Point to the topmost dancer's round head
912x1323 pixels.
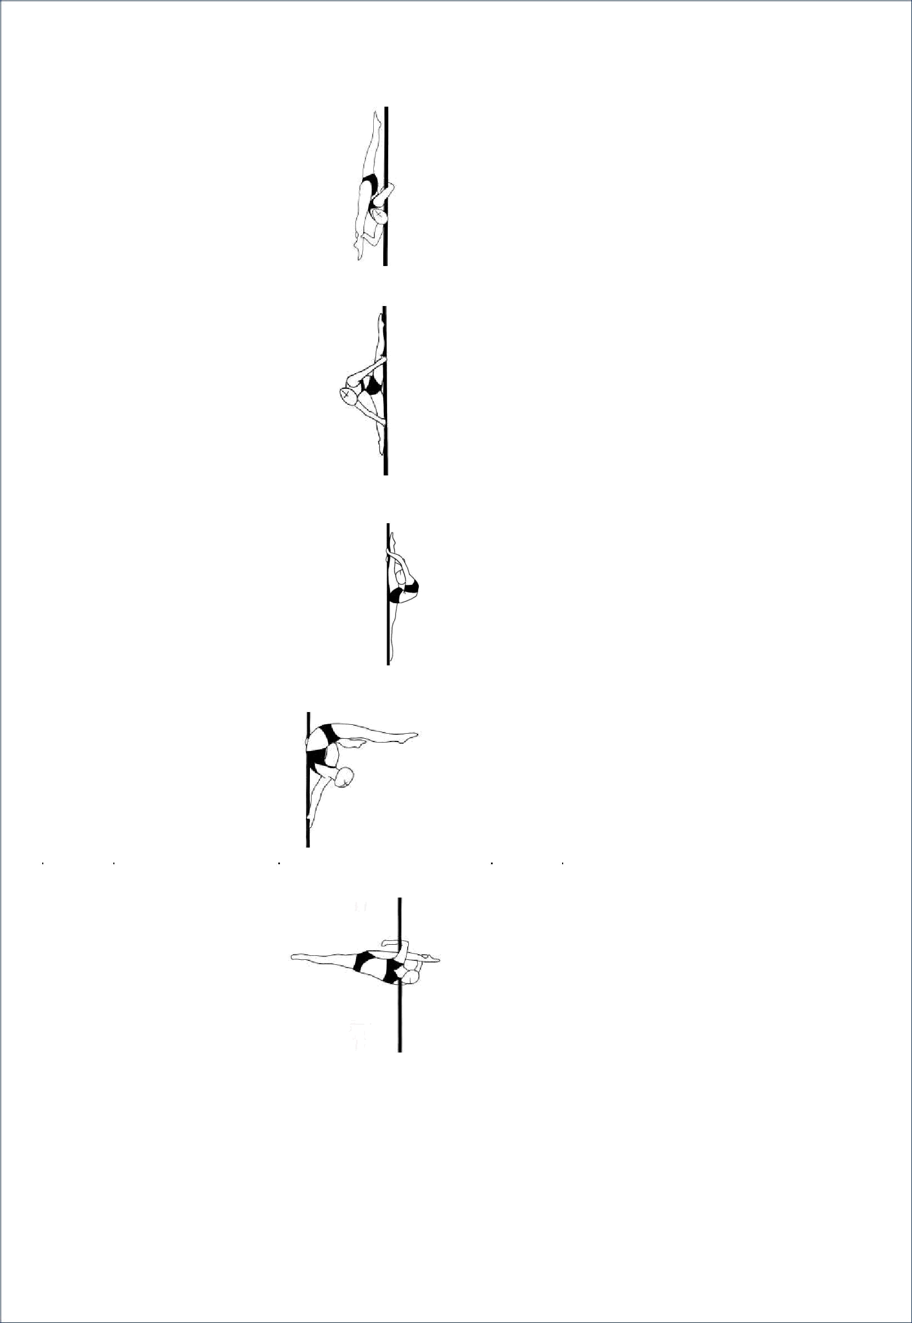pyautogui.click(x=379, y=216)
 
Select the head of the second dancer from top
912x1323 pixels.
pyautogui.click(x=346, y=394)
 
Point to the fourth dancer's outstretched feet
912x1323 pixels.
pyautogui.click(x=417, y=734)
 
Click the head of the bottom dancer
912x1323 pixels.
pyautogui.click(x=413, y=970)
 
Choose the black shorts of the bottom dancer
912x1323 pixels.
pyautogui.click(x=362, y=961)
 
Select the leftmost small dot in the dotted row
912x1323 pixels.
pyautogui.click(x=42, y=864)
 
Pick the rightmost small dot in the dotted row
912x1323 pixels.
pyautogui.click(x=562, y=864)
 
